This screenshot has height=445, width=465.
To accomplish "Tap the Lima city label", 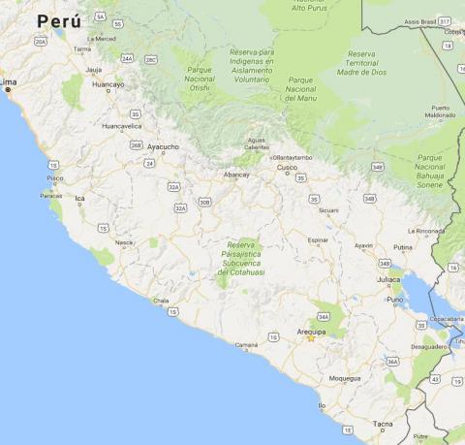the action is [x=10, y=83].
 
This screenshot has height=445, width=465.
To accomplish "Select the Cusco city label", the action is [x=287, y=167].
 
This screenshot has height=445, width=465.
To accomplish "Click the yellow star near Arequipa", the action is [x=311, y=338].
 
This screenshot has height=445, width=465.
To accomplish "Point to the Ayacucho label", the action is [x=163, y=146].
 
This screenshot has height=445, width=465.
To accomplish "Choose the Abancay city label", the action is [x=237, y=175].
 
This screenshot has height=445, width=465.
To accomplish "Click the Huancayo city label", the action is [x=108, y=84].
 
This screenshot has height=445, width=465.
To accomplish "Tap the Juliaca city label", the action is [x=388, y=279].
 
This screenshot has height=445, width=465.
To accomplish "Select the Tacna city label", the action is [x=384, y=424].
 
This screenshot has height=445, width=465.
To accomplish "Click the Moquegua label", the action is [x=345, y=378].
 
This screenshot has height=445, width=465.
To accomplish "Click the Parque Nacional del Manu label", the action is [x=301, y=89].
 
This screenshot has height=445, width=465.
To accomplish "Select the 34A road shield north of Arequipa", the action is [x=323, y=316].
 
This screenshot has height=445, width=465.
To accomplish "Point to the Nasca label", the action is [x=124, y=242].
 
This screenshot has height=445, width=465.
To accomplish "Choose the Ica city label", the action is [x=79, y=199].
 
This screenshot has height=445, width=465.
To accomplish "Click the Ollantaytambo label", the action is [x=293, y=156].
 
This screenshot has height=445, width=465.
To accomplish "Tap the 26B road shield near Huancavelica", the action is [x=136, y=145].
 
